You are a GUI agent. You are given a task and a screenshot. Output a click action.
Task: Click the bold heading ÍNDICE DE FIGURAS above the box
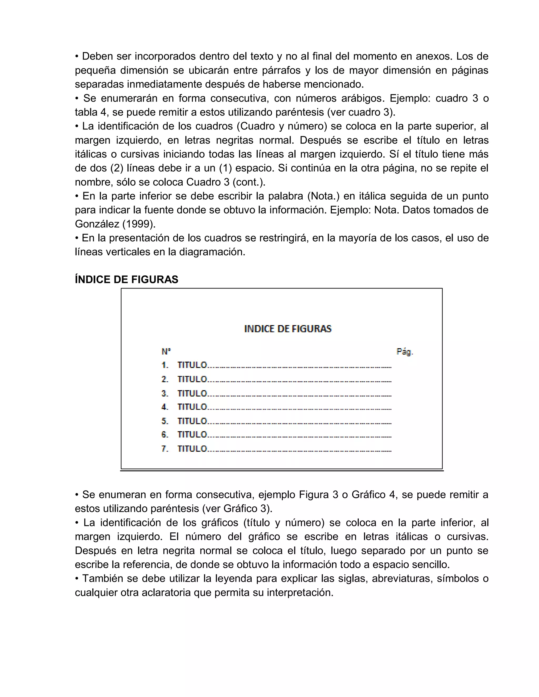(126, 280)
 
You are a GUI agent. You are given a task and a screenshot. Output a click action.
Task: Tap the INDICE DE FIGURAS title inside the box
(288, 329)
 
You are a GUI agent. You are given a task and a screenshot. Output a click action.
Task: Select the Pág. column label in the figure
(405, 352)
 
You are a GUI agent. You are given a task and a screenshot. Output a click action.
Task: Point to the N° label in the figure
(166, 352)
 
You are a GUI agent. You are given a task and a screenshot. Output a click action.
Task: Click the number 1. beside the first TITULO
(165, 365)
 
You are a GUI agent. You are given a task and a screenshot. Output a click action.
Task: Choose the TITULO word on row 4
(192, 407)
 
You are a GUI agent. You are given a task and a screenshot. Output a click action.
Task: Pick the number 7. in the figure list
(165, 449)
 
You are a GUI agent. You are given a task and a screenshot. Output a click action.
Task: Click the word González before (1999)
(97, 224)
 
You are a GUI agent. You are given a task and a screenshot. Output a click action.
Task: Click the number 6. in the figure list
(165, 435)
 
